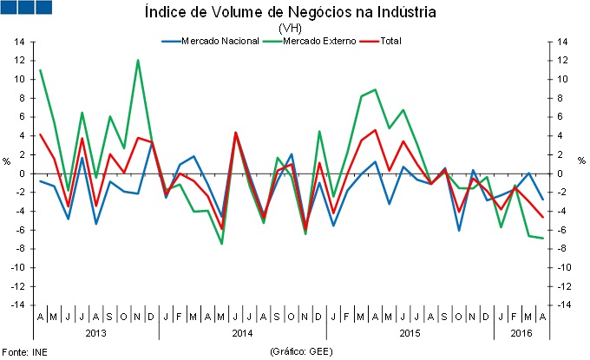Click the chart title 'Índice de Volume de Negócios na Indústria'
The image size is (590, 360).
(294, 12)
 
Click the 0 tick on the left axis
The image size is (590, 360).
(22, 173)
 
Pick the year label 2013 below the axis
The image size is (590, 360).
(96, 332)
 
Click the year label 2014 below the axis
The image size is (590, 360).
(244, 332)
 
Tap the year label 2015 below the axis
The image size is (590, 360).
(406, 332)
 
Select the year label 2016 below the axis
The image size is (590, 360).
(521, 332)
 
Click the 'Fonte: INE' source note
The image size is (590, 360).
(24, 352)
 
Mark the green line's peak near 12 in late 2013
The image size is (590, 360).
(138, 60)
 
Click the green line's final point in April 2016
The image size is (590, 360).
(543, 238)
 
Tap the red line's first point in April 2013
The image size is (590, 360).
(40, 134)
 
